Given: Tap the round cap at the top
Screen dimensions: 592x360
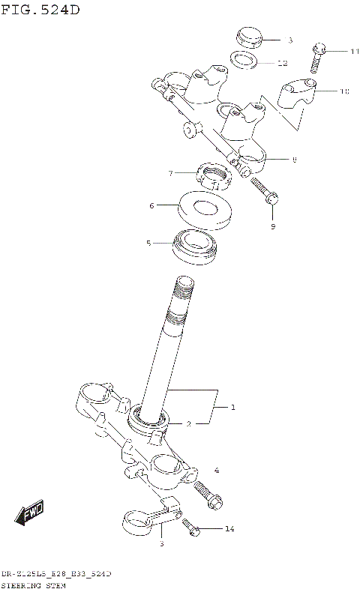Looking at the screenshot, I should coord(247,36).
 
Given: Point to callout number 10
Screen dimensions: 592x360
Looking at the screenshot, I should coord(344,91).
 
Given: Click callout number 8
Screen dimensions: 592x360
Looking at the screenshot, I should coord(294,159).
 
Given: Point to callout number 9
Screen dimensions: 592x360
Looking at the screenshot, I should coord(273,226).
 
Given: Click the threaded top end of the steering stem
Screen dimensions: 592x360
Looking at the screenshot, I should coord(182,294).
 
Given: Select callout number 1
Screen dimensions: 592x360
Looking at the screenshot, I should coord(233,408).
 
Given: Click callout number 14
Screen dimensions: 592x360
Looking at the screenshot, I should coord(229,529).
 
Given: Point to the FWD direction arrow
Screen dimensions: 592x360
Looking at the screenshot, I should coord(30,515).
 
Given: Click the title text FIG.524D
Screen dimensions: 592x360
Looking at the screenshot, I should coord(40,10).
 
